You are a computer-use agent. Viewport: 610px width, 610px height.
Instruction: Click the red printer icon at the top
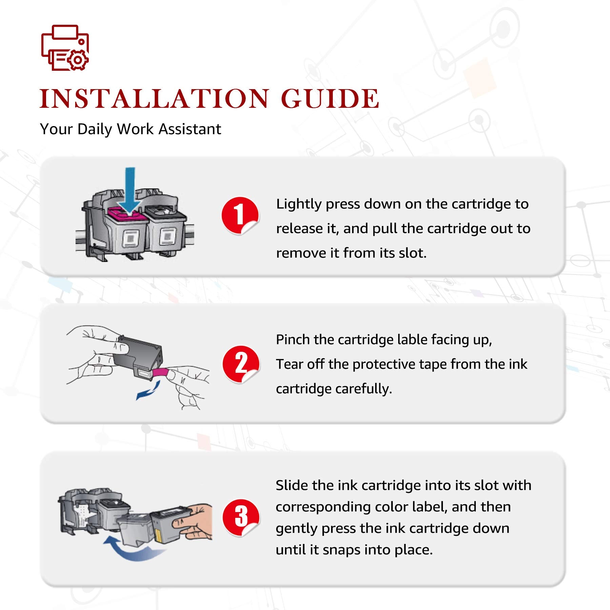pyautogui.click(x=65, y=48)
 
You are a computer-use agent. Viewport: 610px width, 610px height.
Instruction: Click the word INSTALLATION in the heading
pyautogui.click(x=155, y=99)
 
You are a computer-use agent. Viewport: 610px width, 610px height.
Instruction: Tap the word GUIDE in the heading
pyautogui.click(x=330, y=99)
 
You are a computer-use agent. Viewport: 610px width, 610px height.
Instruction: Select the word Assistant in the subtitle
pyautogui.click(x=190, y=129)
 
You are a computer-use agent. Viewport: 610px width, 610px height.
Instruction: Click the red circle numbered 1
pyautogui.click(x=240, y=216)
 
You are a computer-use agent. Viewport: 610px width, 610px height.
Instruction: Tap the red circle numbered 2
pyautogui.click(x=241, y=364)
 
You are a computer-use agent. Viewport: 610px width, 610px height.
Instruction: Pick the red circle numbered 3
pyautogui.click(x=241, y=517)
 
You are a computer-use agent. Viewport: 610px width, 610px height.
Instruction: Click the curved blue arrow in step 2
pyautogui.click(x=148, y=391)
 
